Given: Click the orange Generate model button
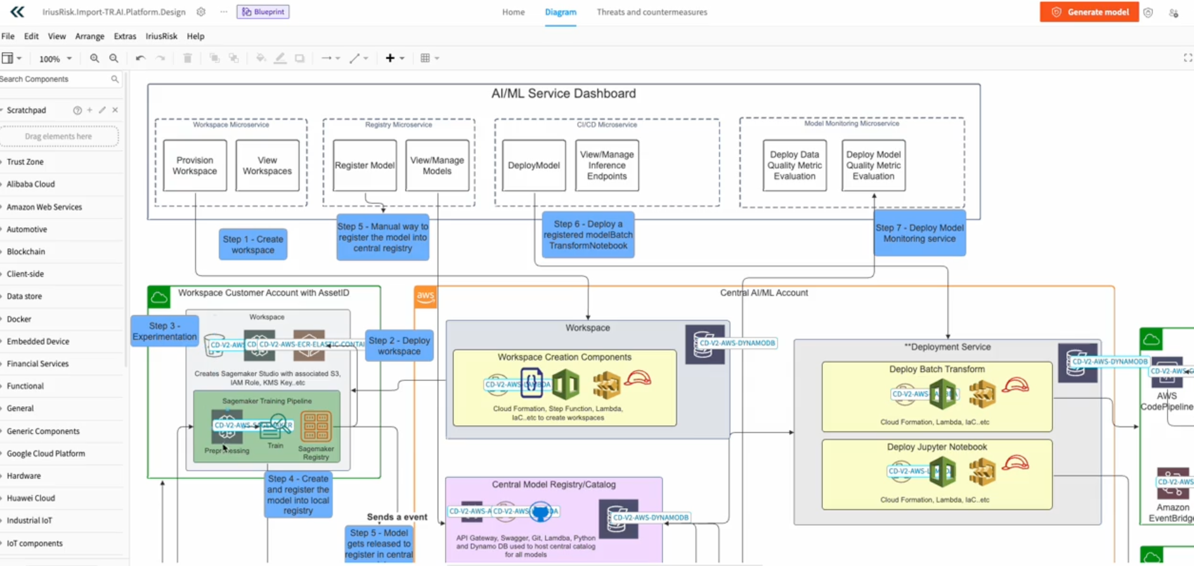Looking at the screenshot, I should (1089, 12).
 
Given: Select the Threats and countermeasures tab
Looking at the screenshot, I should (651, 12).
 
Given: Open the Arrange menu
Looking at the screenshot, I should (89, 36).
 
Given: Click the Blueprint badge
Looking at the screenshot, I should (263, 12).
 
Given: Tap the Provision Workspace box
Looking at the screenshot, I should (195, 166).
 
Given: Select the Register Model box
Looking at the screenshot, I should (365, 166).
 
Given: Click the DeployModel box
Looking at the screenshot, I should (534, 166).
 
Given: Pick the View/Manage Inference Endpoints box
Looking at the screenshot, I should (607, 166).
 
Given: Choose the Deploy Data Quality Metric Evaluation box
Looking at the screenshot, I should (795, 166).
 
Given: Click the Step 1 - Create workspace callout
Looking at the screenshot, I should (253, 244).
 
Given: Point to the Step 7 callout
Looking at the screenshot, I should (919, 234).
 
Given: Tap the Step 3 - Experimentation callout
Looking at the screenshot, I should (165, 331).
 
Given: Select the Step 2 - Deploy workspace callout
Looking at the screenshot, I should (399, 346).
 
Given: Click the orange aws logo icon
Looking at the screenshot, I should (425, 296).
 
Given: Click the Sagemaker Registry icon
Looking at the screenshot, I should (316, 427).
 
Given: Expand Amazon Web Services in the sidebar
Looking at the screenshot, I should (44, 207).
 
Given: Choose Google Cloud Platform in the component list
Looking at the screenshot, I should (46, 454).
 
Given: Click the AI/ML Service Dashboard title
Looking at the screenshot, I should (563, 94).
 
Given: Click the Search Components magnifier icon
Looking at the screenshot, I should (115, 79).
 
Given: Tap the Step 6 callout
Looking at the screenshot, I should (588, 235).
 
